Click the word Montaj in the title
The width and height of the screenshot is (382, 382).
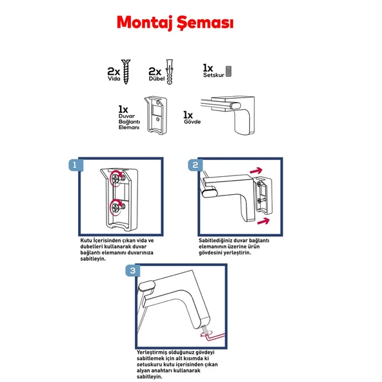pyautogui.click(x=145, y=23)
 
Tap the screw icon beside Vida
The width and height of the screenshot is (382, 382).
pyautogui.click(x=126, y=72)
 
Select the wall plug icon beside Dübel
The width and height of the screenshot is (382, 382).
pyautogui.click(x=169, y=72)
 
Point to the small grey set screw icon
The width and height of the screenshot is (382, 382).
pyautogui.click(x=228, y=72)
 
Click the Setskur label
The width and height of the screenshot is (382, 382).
pyautogui.click(x=214, y=75)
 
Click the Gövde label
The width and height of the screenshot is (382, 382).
pyautogui.click(x=192, y=122)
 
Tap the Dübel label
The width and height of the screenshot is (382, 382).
pyautogui.click(x=157, y=79)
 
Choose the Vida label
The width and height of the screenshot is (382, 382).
pyautogui.click(x=114, y=79)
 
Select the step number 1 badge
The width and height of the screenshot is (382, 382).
pyautogui.click(x=75, y=165)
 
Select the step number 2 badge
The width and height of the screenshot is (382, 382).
pyautogui.click(x=196, y=165)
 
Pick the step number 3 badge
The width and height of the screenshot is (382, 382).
pyautogui.click(x=133, y=270)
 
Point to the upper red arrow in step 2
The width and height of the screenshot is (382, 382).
pyautogui.click(x=256, y=170)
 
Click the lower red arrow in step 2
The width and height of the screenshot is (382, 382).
pyautogui.click(x=263, y=221)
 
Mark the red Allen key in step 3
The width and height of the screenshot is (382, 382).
pyautogui.click(x=214, y=337)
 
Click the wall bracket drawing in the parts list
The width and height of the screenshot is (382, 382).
pyautogui.click(x=156, y=115)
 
